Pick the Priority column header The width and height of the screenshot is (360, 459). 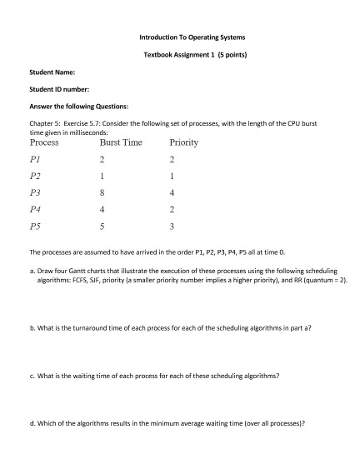(183, 142)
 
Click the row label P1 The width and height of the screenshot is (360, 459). (35, 159)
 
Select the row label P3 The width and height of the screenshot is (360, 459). (35, 192)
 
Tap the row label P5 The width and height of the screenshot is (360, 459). (35, 225)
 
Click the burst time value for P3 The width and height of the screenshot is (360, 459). (101, 192)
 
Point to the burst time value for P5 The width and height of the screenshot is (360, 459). (101, 225)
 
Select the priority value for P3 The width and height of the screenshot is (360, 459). (171, 192)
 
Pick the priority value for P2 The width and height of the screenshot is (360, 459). (171, 176)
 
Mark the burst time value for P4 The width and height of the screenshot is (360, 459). (101, 209)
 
